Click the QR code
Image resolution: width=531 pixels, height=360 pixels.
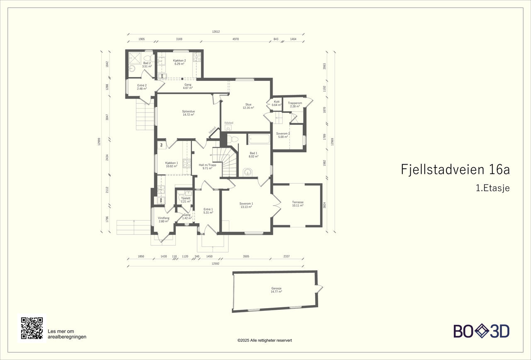tap(32, 328)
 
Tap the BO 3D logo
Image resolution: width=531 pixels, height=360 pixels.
tap(481, 331)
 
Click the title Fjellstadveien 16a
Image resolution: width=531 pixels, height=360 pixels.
tap(455, 170)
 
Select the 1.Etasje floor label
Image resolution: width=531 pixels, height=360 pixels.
tap(492, 188)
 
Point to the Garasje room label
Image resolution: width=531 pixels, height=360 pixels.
tap(276, 290)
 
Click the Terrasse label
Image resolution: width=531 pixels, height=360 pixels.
tap(298, 204)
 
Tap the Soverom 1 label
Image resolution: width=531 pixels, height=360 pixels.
tap(246, 205)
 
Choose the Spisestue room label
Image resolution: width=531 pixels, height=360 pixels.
tap(188, 113)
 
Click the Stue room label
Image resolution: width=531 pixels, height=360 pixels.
tap(248, 106)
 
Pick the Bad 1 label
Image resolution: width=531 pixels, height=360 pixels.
tap(253, 155)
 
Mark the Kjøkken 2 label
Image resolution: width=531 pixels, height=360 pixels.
tap(179, 62)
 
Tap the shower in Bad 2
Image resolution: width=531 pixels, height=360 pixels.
tap(135, 57)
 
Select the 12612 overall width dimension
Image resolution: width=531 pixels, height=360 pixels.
tap(215, 32)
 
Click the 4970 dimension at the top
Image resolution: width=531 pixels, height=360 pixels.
tap(236, 39)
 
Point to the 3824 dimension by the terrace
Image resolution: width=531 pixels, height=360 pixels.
tap(324, 205)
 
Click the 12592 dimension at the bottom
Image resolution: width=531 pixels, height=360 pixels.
tap(215, 263)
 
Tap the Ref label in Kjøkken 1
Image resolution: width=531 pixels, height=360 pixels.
tap(161, 145)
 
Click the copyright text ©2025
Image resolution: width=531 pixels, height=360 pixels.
tap(265, 340)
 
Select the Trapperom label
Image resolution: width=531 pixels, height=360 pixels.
tap(295, 105)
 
